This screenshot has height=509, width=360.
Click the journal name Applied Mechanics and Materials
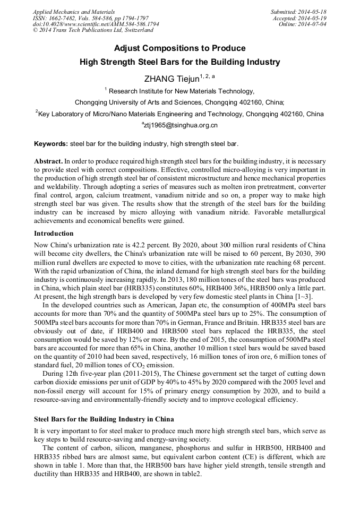[x=74, y=11]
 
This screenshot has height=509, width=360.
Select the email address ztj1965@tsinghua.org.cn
[x=181, y=126]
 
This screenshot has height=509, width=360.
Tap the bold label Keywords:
[x=51, y=144]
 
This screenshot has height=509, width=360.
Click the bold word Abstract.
[x=48, y=160]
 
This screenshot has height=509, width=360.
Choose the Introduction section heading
[x=54, y=234]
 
